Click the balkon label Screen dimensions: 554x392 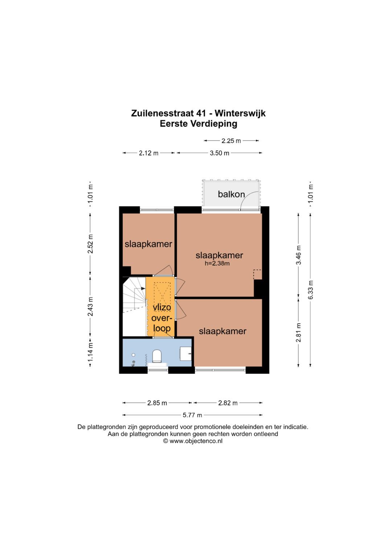[231, 194]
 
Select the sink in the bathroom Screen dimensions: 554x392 [186, 353]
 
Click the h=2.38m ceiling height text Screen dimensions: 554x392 [217, 264]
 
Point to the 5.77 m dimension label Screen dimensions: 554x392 [192, 415]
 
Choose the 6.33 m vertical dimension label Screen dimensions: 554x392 [311, 290]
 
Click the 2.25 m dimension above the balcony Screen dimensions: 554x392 [231, 141]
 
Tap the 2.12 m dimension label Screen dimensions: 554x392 [148, 153]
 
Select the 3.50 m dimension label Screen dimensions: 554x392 [219, 153]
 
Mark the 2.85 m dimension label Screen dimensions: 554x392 [157, 403]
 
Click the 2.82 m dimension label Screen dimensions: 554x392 [228, 403]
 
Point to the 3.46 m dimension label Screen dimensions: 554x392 [299, 255]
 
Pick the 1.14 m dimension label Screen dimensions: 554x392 [91, 352]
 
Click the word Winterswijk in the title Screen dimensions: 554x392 [240, 113]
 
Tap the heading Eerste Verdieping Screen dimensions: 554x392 [199, 124]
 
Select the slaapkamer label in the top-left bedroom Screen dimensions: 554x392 [148, 244]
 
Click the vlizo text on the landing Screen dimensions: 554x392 [162, 307]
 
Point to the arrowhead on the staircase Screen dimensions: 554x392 [143, 288]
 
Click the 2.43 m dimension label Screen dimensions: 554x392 [91, 307]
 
